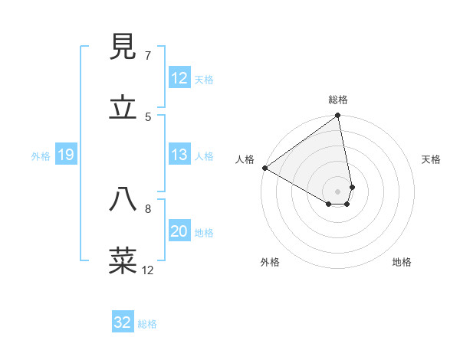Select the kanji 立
coord(123,108)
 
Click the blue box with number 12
coord(179,79)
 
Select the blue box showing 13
coord(179,155)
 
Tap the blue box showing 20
coord(179,232)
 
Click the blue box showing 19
coord(65,155)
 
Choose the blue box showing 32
coord(123,322)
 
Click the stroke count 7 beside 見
coord(148,56)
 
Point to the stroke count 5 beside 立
coord(148,116)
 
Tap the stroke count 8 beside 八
coord(148,208)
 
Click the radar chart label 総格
coord(338,100)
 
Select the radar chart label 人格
coord(245,159)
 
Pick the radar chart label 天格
coord(432,159)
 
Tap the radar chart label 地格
coord(402,263)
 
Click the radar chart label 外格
coord(270,263)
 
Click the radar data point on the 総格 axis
coord(338,116)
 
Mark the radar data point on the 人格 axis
coord(264,168)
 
